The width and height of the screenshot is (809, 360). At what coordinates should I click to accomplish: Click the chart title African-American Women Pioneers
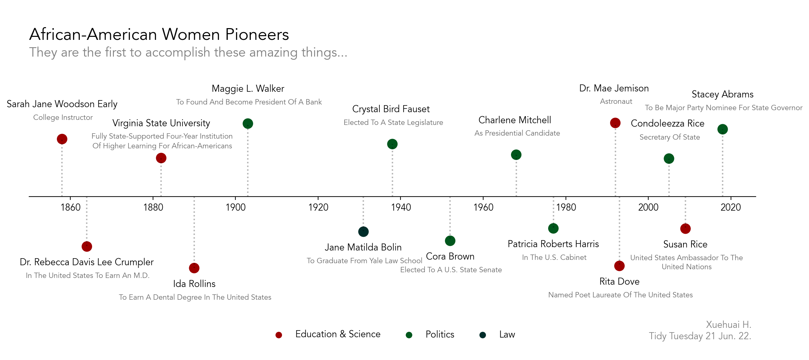[159, 34]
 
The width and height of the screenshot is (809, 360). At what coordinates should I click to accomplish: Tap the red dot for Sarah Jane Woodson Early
[62, 139]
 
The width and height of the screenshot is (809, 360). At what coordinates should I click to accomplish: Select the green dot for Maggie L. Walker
[248, 124]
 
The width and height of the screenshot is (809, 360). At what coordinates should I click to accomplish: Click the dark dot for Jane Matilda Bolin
[363, 231]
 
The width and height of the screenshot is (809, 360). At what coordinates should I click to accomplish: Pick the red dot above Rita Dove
[619, 266]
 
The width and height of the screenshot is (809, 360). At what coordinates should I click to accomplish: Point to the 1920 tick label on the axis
[318, 207]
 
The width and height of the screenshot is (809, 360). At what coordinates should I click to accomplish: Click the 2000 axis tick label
[648, 207]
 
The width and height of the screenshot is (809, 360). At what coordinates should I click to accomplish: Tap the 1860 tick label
[71, 207]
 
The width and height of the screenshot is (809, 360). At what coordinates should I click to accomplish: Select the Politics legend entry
[440, 334]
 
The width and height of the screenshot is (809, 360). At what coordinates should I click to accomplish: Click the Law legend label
[507, 334]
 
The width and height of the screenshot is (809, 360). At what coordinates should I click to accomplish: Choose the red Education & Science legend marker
[279, 335]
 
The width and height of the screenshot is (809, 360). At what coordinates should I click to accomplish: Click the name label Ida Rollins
[194, 284]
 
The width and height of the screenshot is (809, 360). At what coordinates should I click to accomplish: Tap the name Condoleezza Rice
[667, 124]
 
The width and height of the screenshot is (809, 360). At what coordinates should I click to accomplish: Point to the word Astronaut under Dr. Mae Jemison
[616, 101]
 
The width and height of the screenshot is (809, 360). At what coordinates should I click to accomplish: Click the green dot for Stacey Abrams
[723, 129]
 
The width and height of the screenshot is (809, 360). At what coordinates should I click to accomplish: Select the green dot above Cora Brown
[450, 240]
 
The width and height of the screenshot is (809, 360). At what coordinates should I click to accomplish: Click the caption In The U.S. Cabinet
[554, 257]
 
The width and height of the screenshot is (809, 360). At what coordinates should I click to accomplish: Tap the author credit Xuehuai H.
[729, 325]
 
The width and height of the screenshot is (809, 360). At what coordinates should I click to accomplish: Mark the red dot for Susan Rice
[685, 229]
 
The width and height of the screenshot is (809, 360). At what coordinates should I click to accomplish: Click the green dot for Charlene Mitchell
[516, 155]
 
